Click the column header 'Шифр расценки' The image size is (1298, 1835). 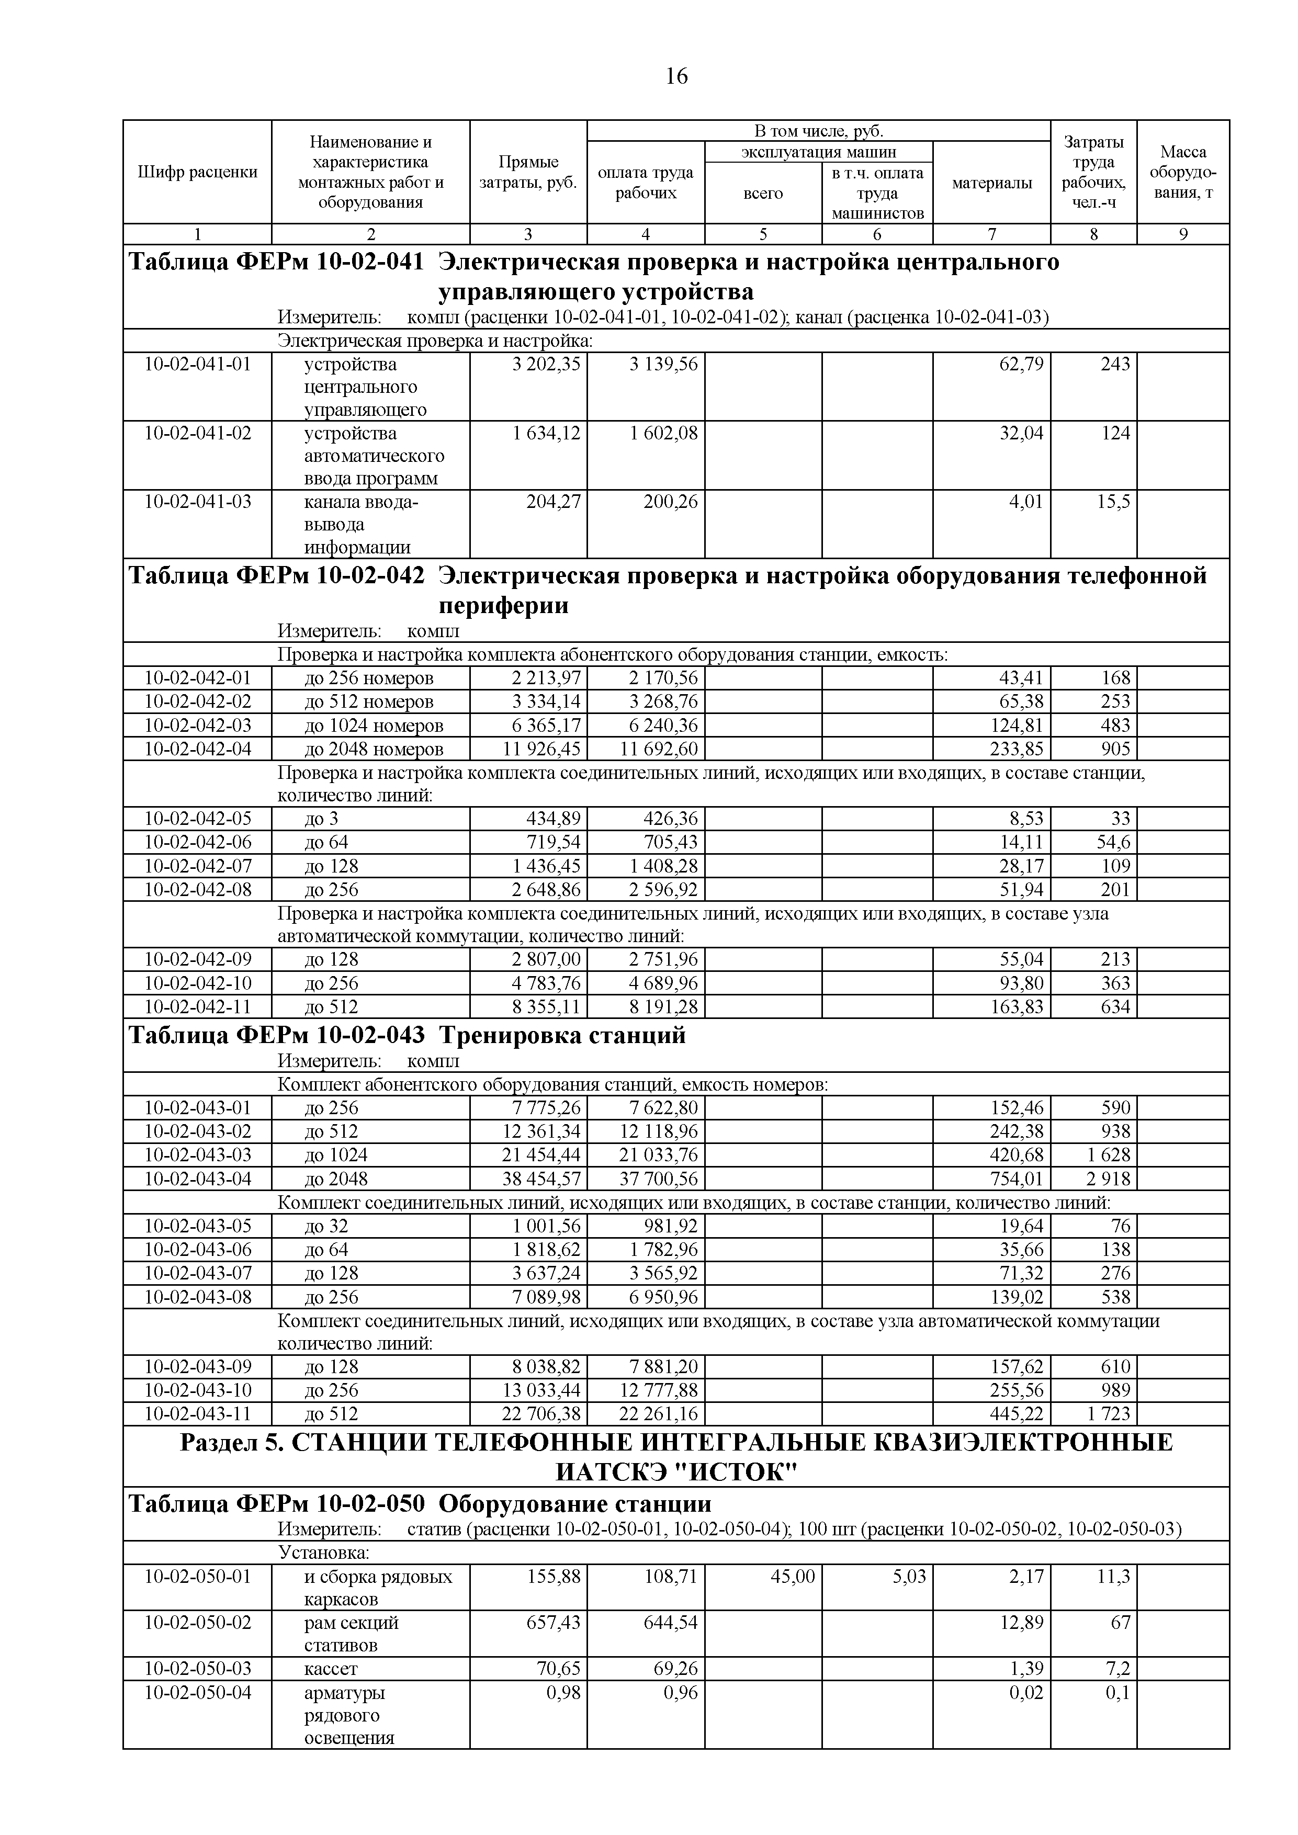(197, 172)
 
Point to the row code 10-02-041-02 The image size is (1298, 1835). (197, 433)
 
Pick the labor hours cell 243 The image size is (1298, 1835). (1115, 365)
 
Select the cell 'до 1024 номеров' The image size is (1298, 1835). (373, 726)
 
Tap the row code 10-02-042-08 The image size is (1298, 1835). (197, 890)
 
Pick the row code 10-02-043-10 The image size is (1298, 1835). (197, 1390)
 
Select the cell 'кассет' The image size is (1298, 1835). (331, 1669)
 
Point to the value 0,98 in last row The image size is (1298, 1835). (563, 1692)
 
